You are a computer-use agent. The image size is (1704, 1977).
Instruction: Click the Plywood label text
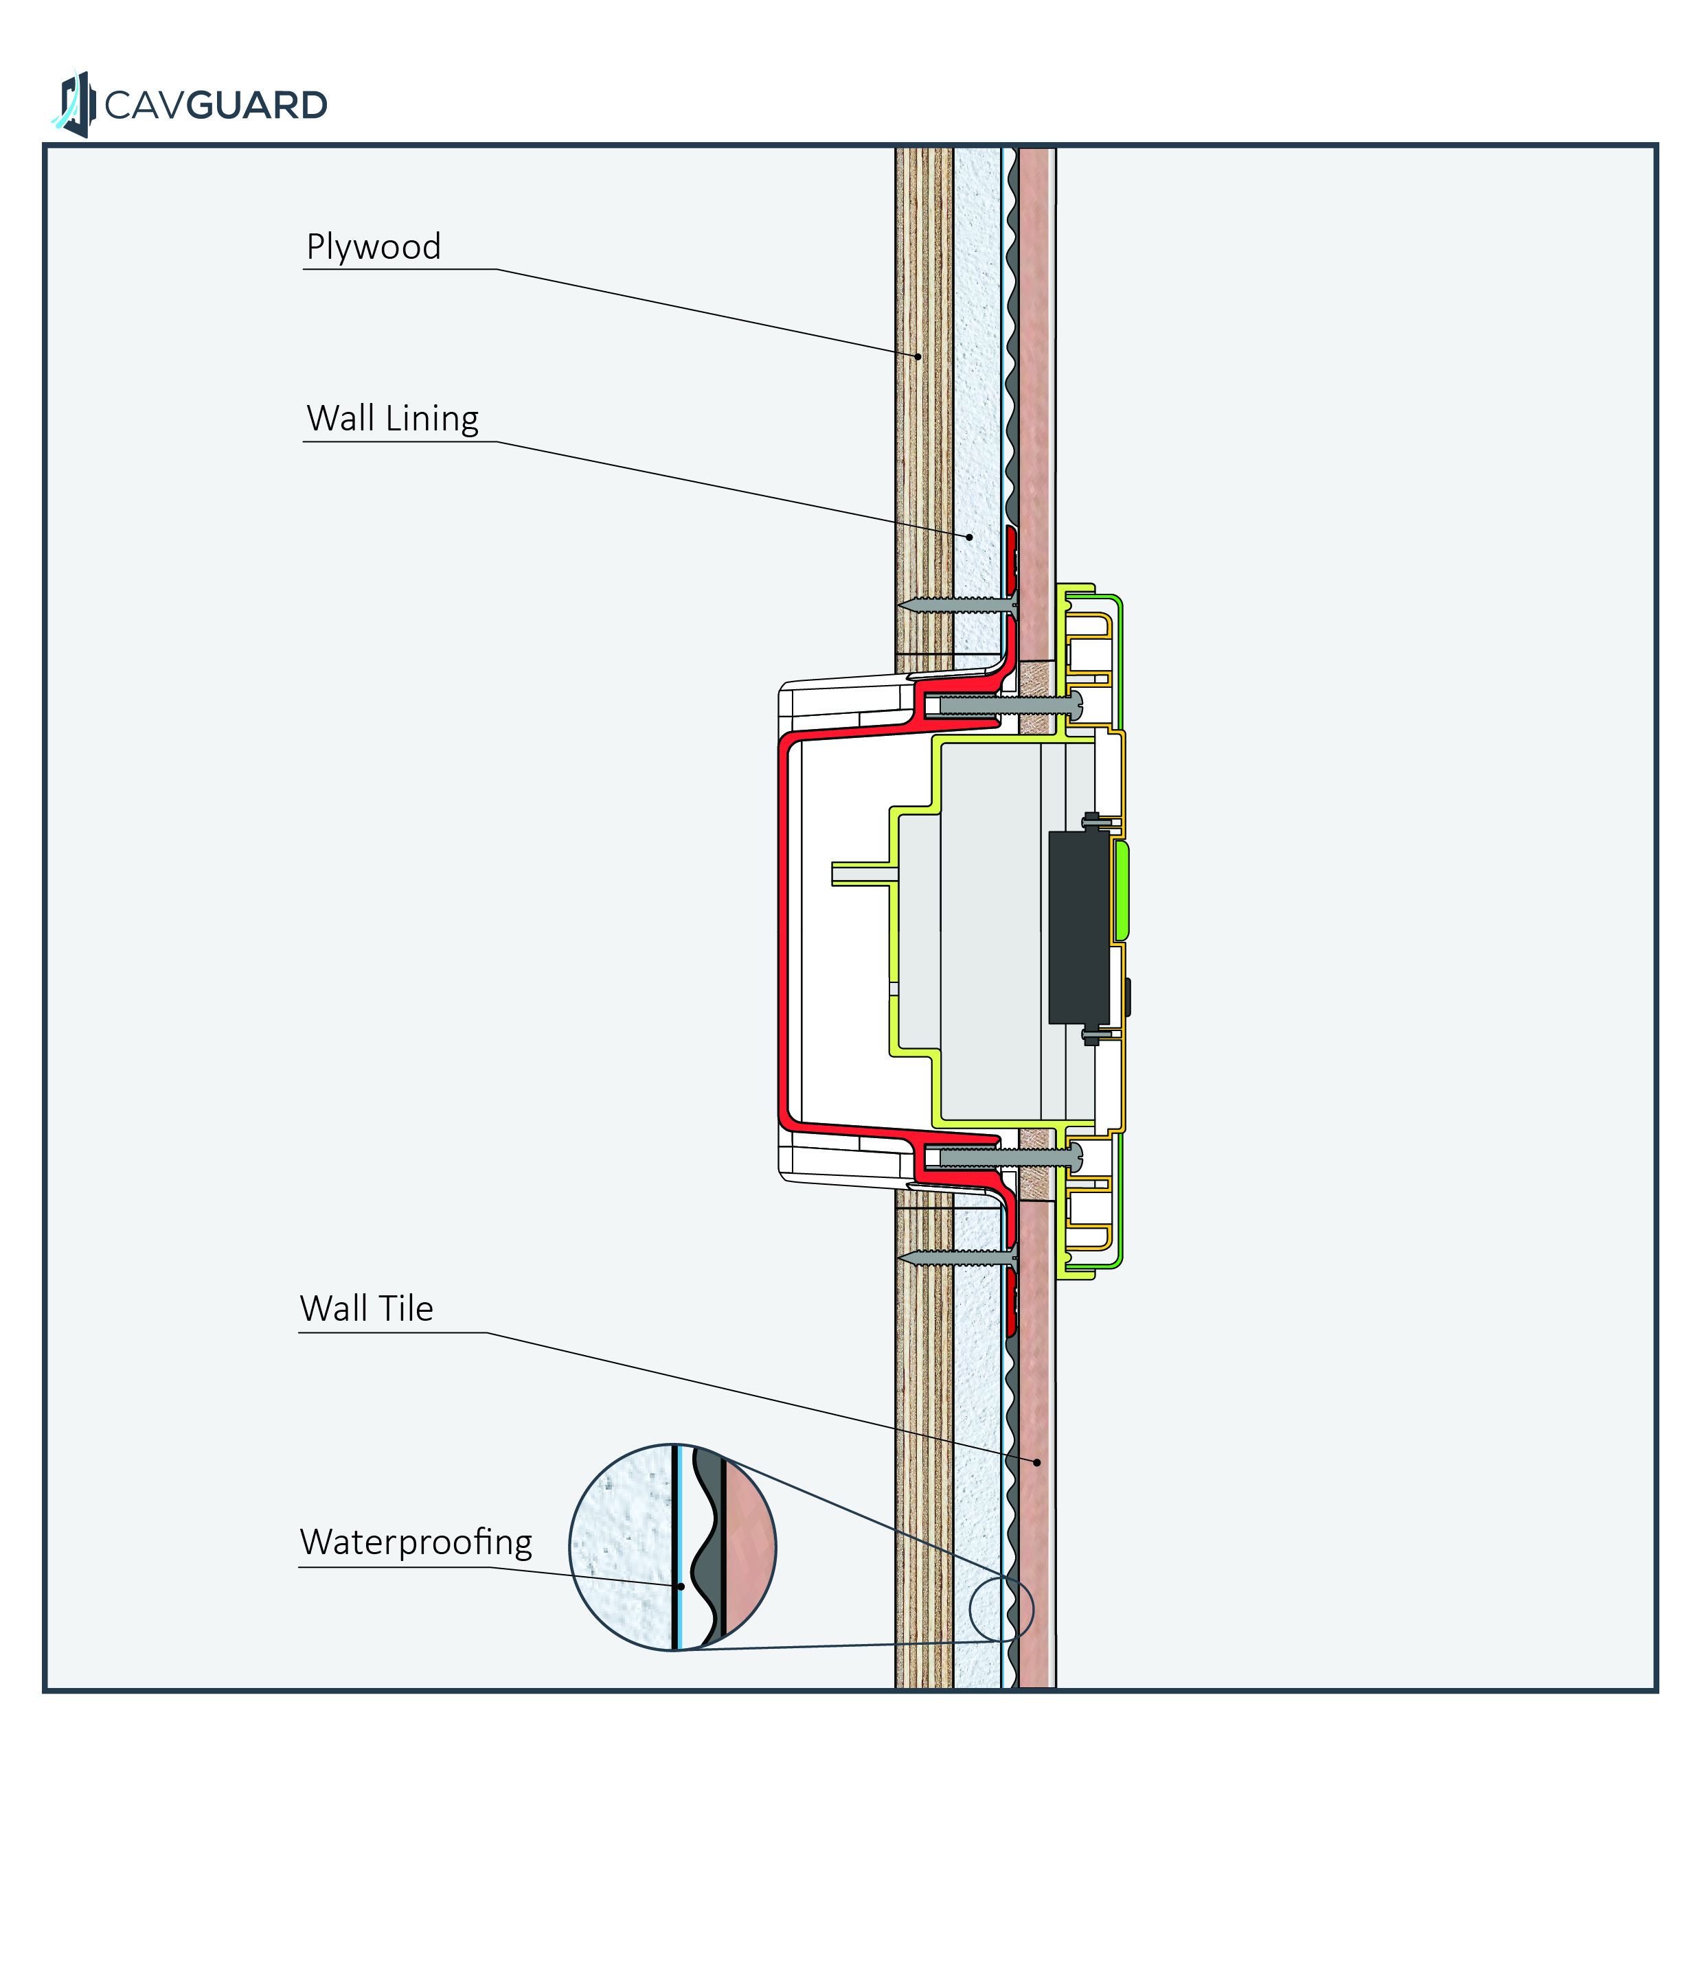(373, 247)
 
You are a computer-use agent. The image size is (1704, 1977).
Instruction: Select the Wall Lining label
(392, 419)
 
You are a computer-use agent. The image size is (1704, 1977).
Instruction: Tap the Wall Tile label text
(367, 1309)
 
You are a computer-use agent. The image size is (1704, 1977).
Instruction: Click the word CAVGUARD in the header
(216, 105)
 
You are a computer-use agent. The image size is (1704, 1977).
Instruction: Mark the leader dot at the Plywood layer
(918, 357)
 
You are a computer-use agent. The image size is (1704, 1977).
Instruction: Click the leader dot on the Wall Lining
(970, 537)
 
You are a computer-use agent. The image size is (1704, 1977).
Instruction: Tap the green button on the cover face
(1122, 890)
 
